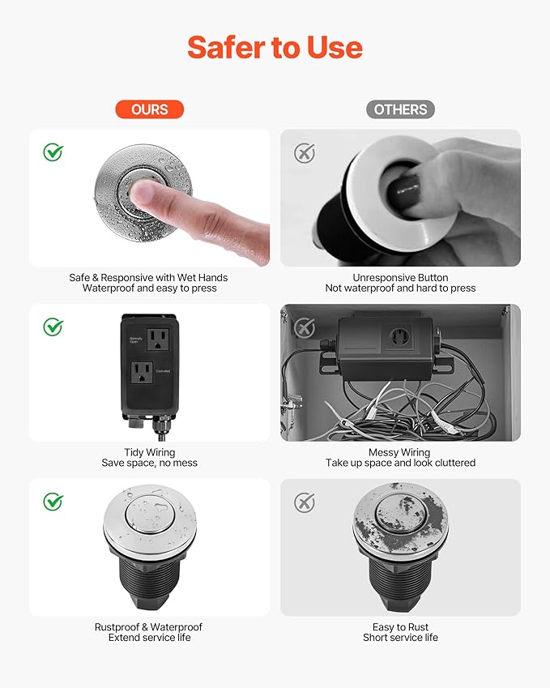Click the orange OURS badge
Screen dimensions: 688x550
149,109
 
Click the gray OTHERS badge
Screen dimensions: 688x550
400,109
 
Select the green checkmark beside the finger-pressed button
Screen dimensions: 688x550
53,152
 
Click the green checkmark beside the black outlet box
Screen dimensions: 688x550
53,327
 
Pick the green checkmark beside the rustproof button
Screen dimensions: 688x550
53,502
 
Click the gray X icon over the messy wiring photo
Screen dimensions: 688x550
304,328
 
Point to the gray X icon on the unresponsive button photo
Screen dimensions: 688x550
304,153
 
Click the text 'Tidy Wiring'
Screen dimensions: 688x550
149,452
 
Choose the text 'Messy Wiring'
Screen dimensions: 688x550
400,452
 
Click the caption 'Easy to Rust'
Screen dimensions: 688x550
400,627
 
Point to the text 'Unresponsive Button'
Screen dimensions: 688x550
400,277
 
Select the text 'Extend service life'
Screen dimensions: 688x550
149,638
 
